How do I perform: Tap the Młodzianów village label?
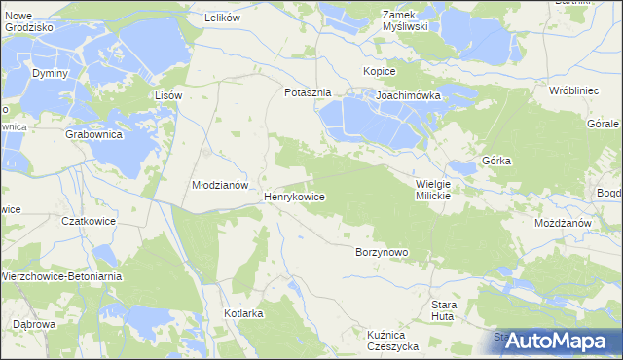[221, 185]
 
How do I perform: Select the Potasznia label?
[308, 93]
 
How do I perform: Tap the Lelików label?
[222, 18]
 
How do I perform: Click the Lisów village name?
[169, 95]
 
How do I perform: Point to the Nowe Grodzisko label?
[28, 20]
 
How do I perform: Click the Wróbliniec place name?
[571, 90]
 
